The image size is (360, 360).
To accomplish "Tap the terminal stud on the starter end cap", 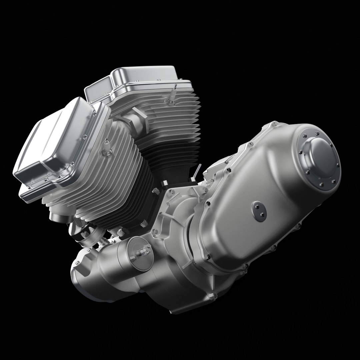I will click(x=145, y=250).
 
